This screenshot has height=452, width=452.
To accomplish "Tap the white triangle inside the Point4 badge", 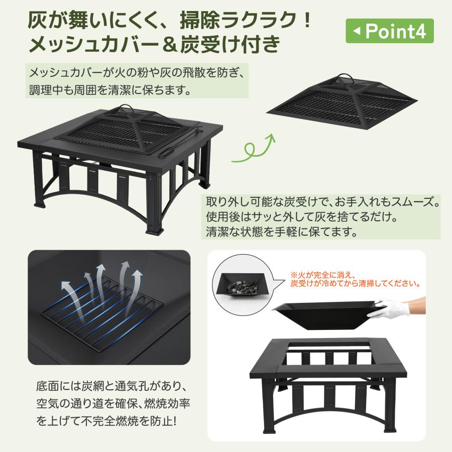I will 357,32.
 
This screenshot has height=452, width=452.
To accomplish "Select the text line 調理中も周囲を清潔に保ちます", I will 109,91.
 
